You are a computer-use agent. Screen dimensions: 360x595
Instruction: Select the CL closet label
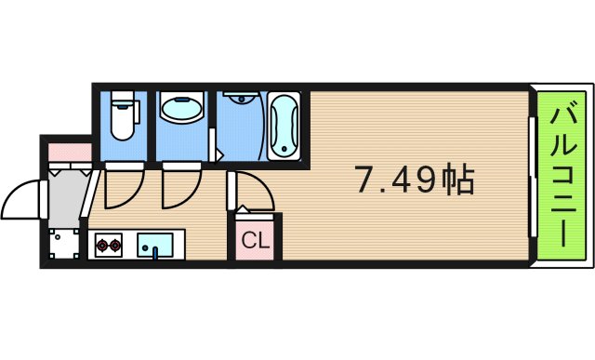click(x=255, y=241)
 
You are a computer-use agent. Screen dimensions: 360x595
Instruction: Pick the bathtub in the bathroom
click(x=284, y=126)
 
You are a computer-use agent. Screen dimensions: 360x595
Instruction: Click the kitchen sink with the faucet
click(x=154, y=247)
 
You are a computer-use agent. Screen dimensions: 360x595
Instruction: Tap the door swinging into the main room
click(x=251, y=191)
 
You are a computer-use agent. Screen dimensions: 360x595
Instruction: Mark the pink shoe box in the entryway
click(x=68, y=148)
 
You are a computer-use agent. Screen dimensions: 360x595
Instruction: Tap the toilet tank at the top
click(x=122, y=99)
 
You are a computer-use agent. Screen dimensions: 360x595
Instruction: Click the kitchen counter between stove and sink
click(x=131, y=247)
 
